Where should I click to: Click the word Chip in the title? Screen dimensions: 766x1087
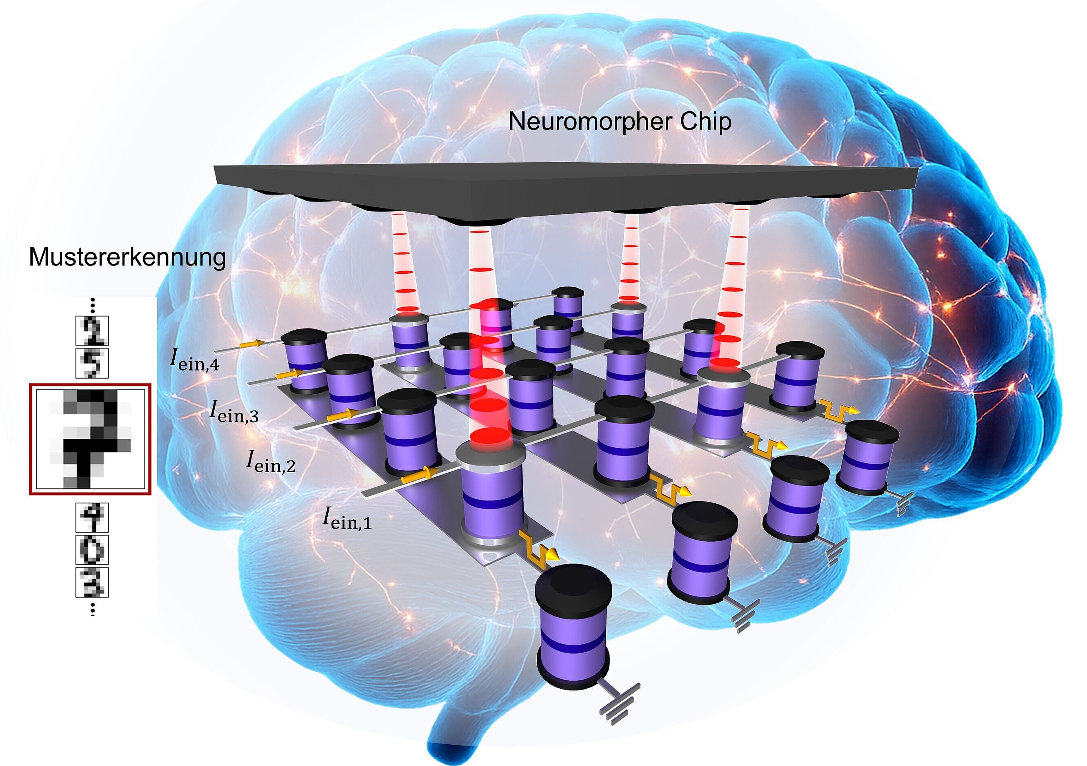(x=705, y=122)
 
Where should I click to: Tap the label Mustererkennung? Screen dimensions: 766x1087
(x=127, y=257)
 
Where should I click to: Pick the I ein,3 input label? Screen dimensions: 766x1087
(x=234, y=411)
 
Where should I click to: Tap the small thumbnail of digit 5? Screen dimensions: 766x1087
(x=92, y=363)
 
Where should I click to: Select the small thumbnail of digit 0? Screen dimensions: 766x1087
(x=92, y=549)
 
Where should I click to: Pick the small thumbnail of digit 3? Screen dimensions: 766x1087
(x=92, y=582)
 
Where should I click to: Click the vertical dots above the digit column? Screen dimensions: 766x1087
(x=93, y=306)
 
